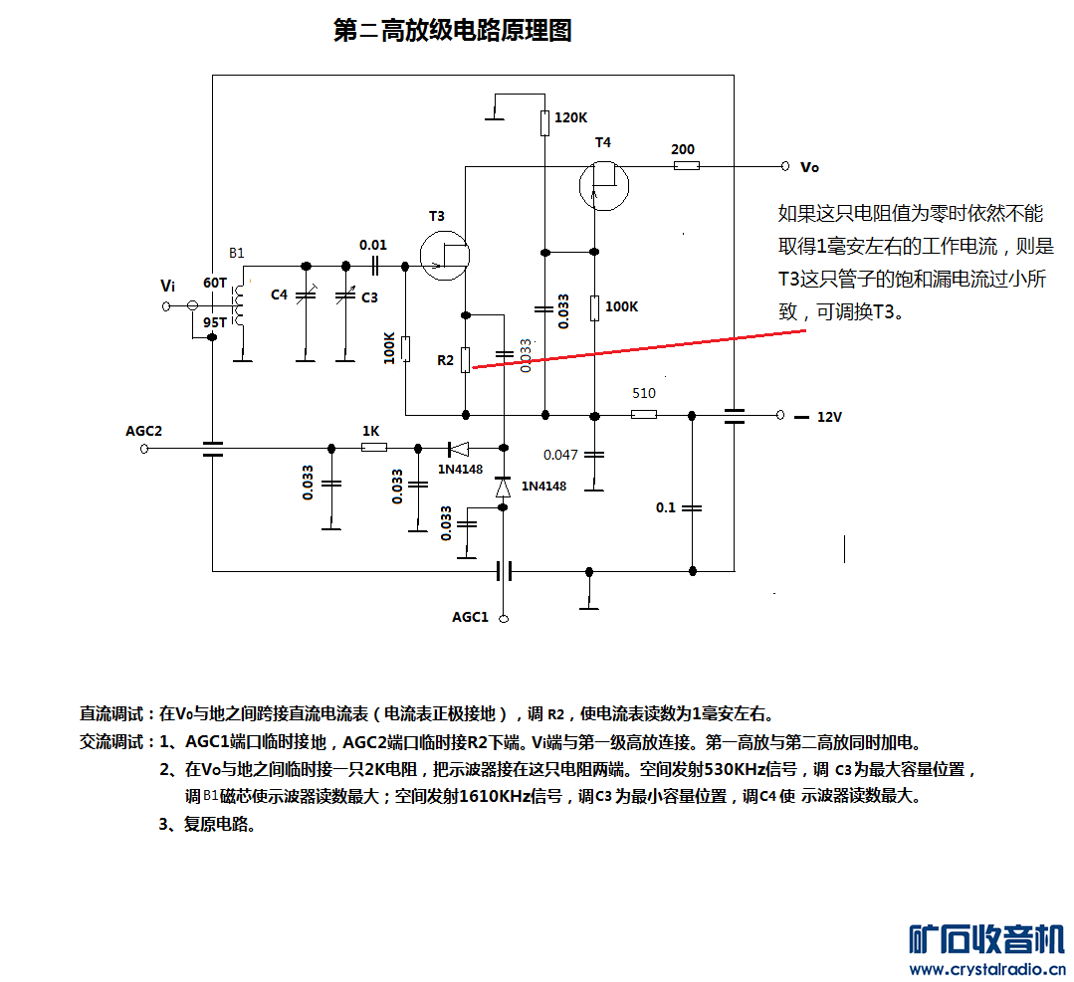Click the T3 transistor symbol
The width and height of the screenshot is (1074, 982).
(445, 255)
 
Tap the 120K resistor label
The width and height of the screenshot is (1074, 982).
(570, 117)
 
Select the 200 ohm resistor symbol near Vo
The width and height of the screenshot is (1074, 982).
(687, 166)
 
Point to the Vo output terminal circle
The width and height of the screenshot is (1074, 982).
(784, 166)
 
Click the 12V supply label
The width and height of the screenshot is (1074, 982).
(829, 417)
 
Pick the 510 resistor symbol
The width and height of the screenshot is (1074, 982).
(644, 414)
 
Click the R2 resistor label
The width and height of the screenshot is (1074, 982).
(445, 359)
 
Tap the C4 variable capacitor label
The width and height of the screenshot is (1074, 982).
(279, 295)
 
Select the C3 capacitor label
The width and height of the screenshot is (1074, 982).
(369, 296)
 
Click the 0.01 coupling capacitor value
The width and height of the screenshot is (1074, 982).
(373, 245)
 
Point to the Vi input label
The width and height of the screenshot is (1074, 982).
(168, 287)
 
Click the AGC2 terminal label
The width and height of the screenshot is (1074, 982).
(143, 431)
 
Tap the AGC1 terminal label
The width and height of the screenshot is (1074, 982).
(470, 617)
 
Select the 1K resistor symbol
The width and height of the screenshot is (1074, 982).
(374, 448)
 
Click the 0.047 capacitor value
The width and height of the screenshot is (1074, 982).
(560, 455)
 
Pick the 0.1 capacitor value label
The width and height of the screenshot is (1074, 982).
(665, 507)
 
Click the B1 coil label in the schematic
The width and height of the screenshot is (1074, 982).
(236, 253)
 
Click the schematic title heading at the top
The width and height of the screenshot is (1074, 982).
(453, 31)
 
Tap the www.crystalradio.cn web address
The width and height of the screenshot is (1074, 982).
(987, 969)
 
